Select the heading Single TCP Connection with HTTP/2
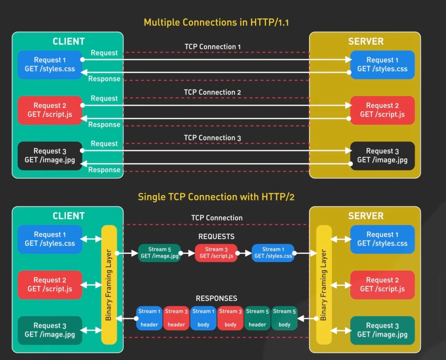click(x=216, y=197)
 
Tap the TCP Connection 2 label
click(x=212, y=92)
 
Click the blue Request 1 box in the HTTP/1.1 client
click(x=50, y=65)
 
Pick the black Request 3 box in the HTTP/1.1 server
click(x=382, y=156)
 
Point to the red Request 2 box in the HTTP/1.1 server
click(x=382, y=110)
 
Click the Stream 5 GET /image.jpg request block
click(x=159, y=253)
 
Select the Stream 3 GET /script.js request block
click(x=216, y=253)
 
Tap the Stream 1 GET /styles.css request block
click(x=273, y=253)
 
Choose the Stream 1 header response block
click(x=149, y=318)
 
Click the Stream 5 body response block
click(x=284, y=318)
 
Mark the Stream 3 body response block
click(x=230, y=318)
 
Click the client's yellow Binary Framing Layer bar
click(x=109, y=285)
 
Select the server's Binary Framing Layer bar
click(x=324, y=285)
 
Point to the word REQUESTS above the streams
click(x=216, y=237)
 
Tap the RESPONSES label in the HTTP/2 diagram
click(x=216, y=299)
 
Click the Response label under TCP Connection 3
click(x=104, y=170)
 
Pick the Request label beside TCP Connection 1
click(x=104, y=53)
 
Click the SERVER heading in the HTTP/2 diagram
click(x=366, y=216)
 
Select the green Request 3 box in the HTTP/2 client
click(x=50, y=330)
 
